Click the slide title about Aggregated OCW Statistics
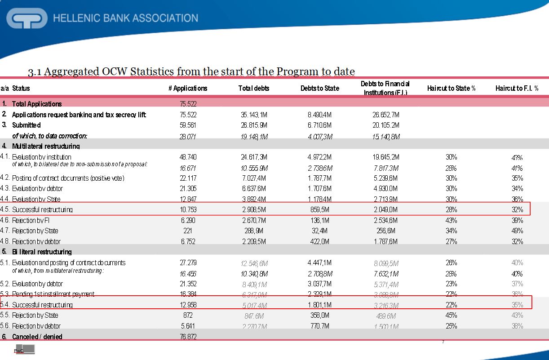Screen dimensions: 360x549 coord(191,71)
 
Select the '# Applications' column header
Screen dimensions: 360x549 coord(188,89)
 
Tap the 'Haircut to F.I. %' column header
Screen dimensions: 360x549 coord(517,89)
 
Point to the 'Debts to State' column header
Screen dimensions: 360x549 coord(320,89)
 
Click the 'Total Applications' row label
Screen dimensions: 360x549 coord(37,104)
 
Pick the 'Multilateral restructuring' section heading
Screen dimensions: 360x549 coord(46,146)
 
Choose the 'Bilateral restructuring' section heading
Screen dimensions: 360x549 coord(42,252)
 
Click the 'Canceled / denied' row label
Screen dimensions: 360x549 coord(37,337)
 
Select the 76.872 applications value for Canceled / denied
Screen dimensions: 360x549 coord(188,337)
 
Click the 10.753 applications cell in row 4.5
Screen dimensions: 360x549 coord(188,210)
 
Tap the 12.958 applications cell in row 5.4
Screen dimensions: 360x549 coord(188,305)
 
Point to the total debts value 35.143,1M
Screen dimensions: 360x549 coord(254,115)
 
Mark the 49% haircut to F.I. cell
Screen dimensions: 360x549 coord(517,231)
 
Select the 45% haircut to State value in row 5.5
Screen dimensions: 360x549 coord(451,316)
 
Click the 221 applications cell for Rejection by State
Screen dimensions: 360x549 coord(188,231)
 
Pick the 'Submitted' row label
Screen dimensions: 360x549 coord(26,125)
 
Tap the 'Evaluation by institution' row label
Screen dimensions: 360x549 coord(41,157)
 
